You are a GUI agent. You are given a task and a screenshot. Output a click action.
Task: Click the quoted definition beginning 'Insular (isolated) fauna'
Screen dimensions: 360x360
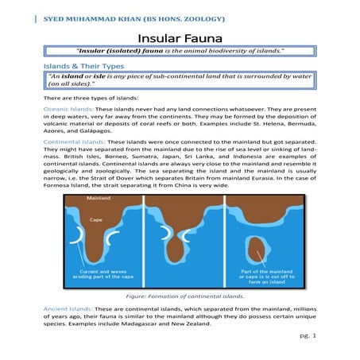click(x=180, y=52)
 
